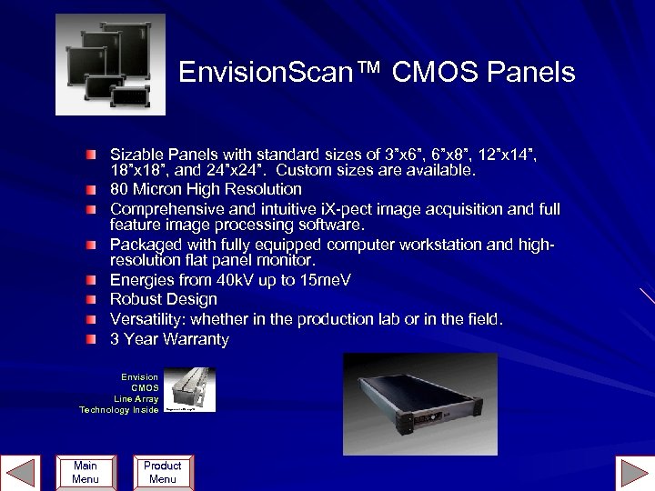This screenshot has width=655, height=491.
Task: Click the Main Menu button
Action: point(85,472)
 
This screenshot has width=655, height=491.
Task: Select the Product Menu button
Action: point(162,472)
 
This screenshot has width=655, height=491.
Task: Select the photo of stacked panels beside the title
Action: point(110,65)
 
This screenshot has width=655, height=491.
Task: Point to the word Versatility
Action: point(147,319)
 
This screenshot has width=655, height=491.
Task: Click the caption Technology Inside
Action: point(118,410)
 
